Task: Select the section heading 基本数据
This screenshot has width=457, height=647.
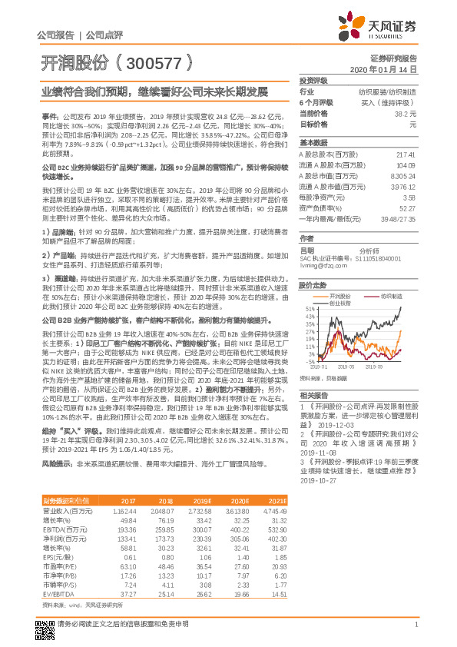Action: point(313,143)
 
